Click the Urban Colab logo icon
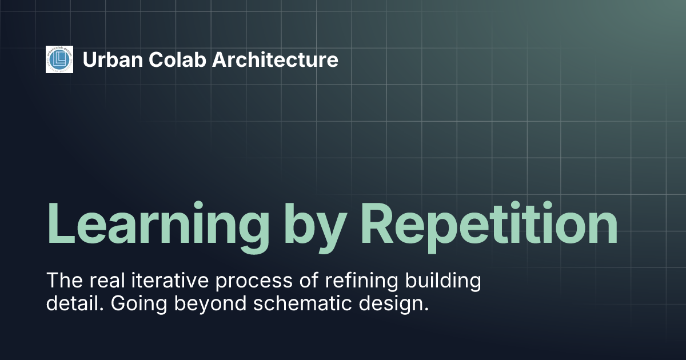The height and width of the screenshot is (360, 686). pyautogui.click(x=59, y=59)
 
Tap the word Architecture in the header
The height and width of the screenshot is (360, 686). pyautogui.click(x=276, y=59)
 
